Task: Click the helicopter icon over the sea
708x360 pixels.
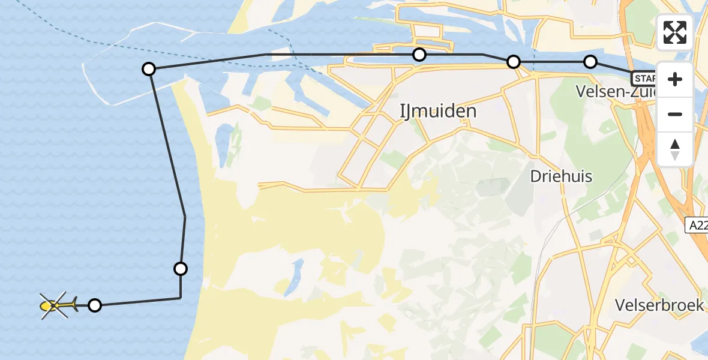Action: pyautogui.click(x=56, y=306)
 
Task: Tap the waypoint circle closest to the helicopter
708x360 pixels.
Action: pyautogui.click(x=95, y=305)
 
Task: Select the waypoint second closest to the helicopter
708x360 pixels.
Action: pyautogui.click(x=181, y=268)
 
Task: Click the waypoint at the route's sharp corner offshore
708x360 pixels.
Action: pyautogui.click(x=149, y=69)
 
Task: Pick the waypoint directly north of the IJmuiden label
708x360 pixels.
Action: pyautogui.click(x=419, y=55)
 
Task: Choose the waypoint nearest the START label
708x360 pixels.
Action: pyautogui.click(x=590, y=62)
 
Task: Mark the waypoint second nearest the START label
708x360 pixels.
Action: pyautogui.click(x=514, y=62)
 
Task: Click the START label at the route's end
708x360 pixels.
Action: pyautogui.click(x=643, y=78)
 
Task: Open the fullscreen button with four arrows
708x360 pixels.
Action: pyautogui.click(x=675, y=32)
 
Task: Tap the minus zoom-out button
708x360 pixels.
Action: pyautogui.click(x=675, y=114)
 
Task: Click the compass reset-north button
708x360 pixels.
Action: pyautogui.click(x=675, y=149)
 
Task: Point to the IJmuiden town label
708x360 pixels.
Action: pyautogui.click(x=438, y=111)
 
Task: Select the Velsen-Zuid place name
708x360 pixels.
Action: pyautogui.click(x=616, y=92)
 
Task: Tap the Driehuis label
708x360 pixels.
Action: pyautogui.click(x=561, y=176)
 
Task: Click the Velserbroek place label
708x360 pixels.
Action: pyautogui.click(x=659, y=305)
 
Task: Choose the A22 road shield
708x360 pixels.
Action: pyautogui.click(x=697, y=225)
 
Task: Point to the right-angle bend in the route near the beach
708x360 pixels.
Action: pyautogui.click(x=181, y=298)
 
